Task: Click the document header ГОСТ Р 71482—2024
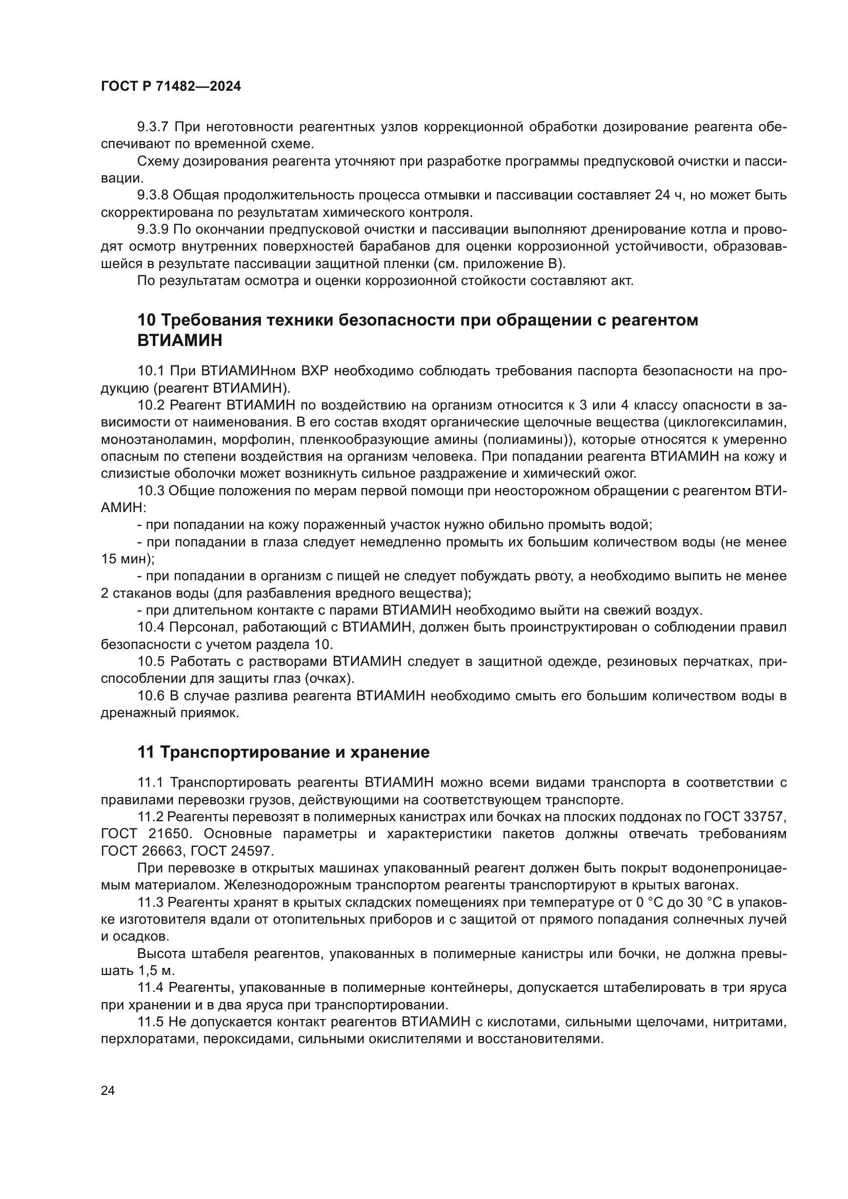coord(171,87)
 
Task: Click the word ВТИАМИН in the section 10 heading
coord(179,340)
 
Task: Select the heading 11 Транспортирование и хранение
coord(283,752)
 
